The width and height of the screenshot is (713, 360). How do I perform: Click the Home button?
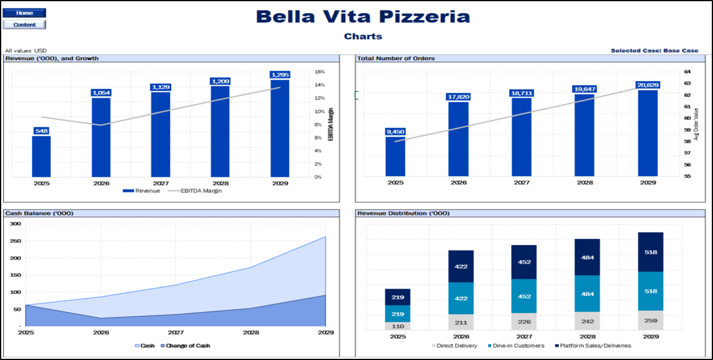coord(24,13)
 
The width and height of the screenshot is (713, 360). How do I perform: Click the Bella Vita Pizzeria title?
coord(363,17)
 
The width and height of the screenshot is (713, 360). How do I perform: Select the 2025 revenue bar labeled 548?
coord(41,156)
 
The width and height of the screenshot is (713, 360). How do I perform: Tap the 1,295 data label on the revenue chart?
coord(280,75)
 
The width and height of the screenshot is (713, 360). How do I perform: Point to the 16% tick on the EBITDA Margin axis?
coord(319,72)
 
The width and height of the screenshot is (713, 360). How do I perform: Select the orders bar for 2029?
coord(648,133)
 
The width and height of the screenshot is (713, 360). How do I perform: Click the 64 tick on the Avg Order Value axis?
coord(687,72)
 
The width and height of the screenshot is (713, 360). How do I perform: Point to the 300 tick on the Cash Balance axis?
coord(15,224)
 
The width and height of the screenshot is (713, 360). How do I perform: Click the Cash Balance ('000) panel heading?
coord(39,213)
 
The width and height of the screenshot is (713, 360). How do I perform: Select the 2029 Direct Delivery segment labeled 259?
coord(650,320)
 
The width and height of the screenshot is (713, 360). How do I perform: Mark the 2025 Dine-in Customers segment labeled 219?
coord(398,314)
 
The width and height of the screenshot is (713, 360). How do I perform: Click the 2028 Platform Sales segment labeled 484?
coord(587,258)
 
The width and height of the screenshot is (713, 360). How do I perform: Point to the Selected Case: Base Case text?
coord(654,50)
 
